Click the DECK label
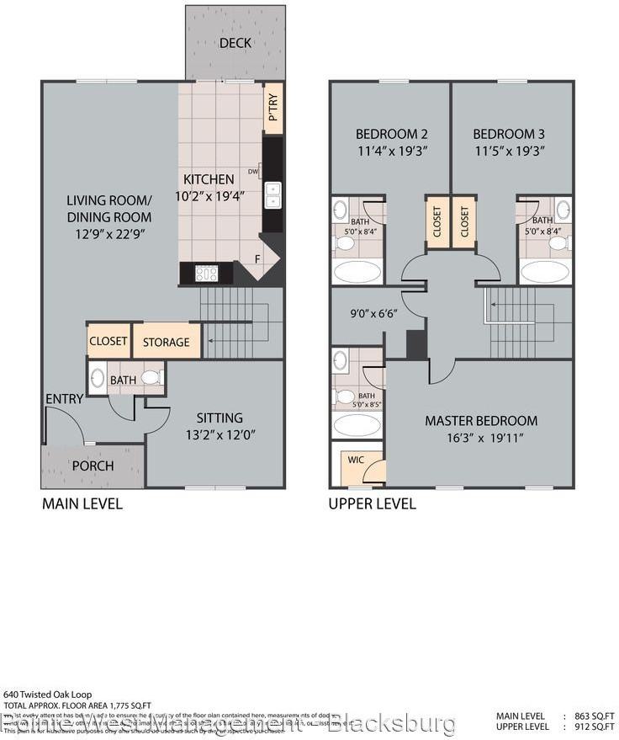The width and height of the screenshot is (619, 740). point(235,43)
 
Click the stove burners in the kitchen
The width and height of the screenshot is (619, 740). point(206,273)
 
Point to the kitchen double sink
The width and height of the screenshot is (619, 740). point(273,194)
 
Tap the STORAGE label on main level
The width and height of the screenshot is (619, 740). point(166,342)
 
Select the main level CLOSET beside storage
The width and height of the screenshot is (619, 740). point(108,341)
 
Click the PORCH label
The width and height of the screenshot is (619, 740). point(93,466)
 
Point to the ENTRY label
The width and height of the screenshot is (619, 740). point(64,398)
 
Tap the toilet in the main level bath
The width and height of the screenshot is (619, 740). point(151,378)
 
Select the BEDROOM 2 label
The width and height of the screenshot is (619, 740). point(391,134)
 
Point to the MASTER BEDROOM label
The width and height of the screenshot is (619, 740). point(480,420)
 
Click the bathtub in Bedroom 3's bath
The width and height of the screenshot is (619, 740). point(544,272)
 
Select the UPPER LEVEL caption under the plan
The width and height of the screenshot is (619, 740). point(372,503)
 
